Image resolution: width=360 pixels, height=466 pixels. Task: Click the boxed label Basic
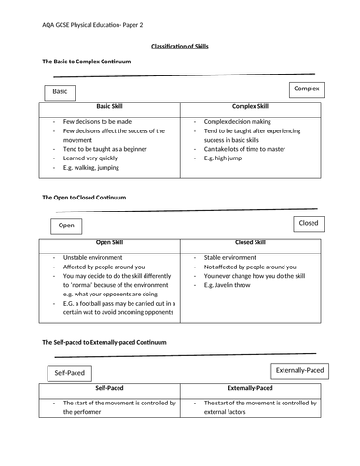click(x=61, y=92)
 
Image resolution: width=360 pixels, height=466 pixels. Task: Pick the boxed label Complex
click(x=306, y=89)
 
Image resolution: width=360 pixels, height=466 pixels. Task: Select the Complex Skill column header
click(x=250, y=107)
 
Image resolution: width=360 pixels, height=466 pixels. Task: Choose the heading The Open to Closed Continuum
click(x=84, y=198)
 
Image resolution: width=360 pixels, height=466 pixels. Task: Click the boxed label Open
click(x=66, y=226)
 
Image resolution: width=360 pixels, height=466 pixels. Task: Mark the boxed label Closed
click(x=308, y=224)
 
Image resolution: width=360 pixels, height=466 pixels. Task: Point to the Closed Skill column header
click(x=250, y=243)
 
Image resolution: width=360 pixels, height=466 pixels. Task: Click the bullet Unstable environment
click(x=94, y=257)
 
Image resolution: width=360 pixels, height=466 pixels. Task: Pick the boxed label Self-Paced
click(x=69, y=373)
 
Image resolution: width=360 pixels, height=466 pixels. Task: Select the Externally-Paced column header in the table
click(x=250, y=387)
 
